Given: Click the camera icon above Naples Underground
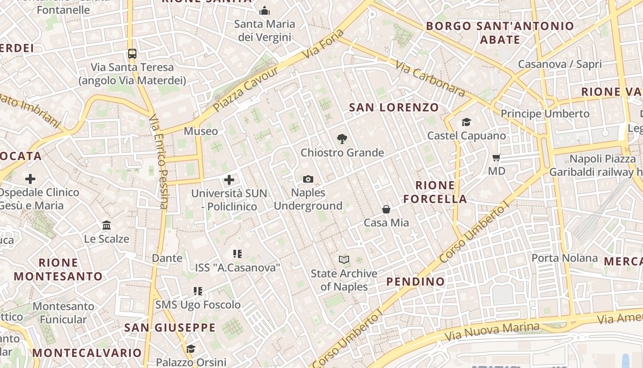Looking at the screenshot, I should [x=308, y=179].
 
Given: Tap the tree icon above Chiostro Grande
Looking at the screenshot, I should [x=342, y=138].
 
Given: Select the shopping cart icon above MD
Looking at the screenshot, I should [x=496, y=158].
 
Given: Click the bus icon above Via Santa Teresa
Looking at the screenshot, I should [x=132, y=54].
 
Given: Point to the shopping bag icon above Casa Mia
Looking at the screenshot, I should [x=386, y=209].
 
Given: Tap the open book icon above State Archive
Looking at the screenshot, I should [x=344, y=259].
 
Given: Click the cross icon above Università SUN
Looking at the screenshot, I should [x=229, y=180].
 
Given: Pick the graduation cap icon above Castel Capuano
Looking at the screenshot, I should [x=467, y=122].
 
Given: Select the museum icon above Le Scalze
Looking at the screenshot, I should [x=107, y=225].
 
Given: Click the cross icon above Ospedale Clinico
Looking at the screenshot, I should [x=30, y=178].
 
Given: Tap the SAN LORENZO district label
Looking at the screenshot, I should [x=394, y=108].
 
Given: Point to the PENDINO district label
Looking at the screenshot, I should [x=416, y=282].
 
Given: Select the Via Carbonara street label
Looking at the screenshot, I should [x=430, y=80].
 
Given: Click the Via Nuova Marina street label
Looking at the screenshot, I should [x=492, y=332].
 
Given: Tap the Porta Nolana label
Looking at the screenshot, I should [x=564, y=258].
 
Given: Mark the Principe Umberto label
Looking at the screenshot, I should [x=545, y=114].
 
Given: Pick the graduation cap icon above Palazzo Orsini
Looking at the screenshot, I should [x=191, y=349].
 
